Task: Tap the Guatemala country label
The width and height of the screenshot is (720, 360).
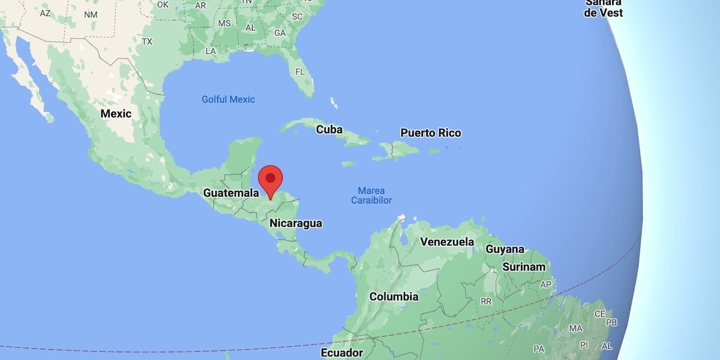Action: [231, 193]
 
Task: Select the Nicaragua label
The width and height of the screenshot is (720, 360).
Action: [296, 223]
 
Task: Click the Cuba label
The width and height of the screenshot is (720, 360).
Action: [329, 130]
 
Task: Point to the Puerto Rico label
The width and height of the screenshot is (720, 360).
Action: [431, 133]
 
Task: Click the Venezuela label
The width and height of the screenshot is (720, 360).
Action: [447, 242]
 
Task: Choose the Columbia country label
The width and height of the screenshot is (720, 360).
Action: [394, 296]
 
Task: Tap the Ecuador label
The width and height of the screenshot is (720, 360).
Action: [342, 352]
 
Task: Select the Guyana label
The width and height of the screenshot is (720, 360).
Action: [505, 249]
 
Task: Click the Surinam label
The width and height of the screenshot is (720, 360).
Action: [524, 267]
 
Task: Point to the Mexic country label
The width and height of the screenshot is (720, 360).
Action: [116, 113]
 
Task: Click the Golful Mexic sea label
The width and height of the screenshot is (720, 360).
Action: [228, 100]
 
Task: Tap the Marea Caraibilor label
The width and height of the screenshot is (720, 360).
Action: [371, 195]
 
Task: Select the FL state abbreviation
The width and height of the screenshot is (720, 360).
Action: [301, 72]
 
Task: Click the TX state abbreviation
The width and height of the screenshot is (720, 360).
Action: [147, 41]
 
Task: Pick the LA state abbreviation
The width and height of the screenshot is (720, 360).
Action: [210, 52]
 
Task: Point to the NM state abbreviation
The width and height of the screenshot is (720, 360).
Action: [91, 14]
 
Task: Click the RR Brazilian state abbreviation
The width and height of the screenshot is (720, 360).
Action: [486, 301]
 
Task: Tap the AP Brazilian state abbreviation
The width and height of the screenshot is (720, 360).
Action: [546, 284]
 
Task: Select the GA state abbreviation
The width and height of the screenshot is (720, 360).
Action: [280, 33]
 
